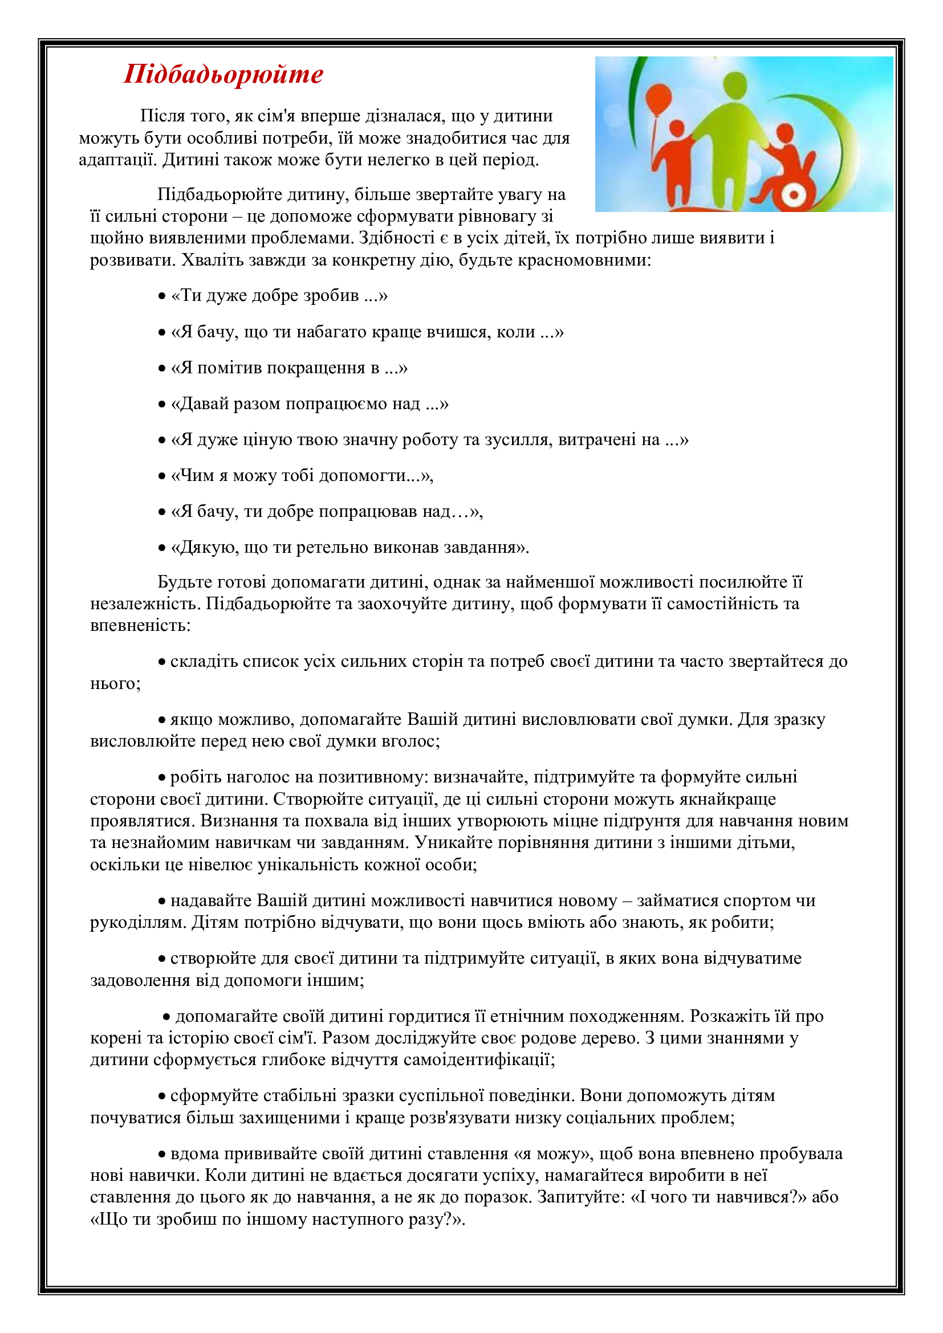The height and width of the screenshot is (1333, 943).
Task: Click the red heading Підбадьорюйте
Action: coord(223,74)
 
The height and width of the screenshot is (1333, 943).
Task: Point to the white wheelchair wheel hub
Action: coord(791,193)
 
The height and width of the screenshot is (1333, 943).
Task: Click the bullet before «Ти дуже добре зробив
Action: coord(162,296)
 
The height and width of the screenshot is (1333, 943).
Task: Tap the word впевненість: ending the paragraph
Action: coord(140,625)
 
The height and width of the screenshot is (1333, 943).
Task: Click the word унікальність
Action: coord(310,865)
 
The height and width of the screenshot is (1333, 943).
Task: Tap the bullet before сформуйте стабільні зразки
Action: coord(162,1096)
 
